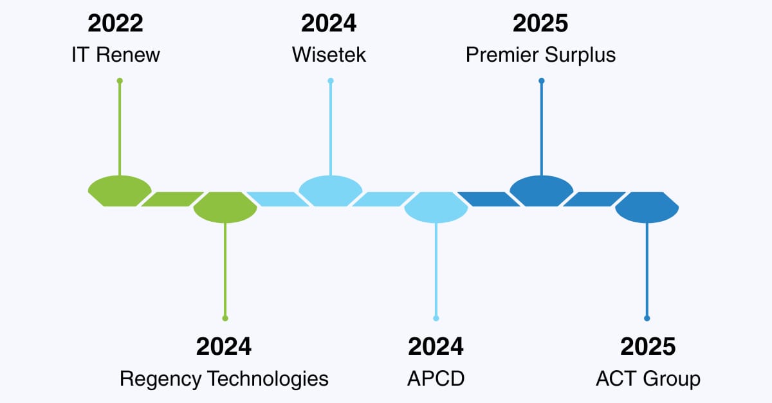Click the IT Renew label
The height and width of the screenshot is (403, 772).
coord(116,55)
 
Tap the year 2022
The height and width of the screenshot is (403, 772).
coord(116,24)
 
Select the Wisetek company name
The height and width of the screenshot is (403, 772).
coord(329,55)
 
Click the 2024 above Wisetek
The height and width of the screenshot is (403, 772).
coord(329,24)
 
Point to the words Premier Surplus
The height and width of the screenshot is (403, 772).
coord(540,55)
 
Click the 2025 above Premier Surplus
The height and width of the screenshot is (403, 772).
coord(540,24)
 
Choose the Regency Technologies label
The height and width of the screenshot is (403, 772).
coord(224,378)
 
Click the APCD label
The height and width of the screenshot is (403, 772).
coord(436,378)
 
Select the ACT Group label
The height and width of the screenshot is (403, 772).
coord(648,378)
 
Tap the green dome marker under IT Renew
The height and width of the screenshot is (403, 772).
coord(120,191)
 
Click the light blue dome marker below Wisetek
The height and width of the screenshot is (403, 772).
coord(331,191)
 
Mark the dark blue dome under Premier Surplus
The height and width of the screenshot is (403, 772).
coord(542,191)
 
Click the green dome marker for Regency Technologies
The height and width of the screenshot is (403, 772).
coord(225,208)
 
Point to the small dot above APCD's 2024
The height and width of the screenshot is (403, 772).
coord(436,318)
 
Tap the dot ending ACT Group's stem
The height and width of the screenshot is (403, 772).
coord(647,318)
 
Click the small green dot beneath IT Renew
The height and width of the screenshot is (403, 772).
coord(120,80)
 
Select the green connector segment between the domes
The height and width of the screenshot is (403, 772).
coord(171,199)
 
